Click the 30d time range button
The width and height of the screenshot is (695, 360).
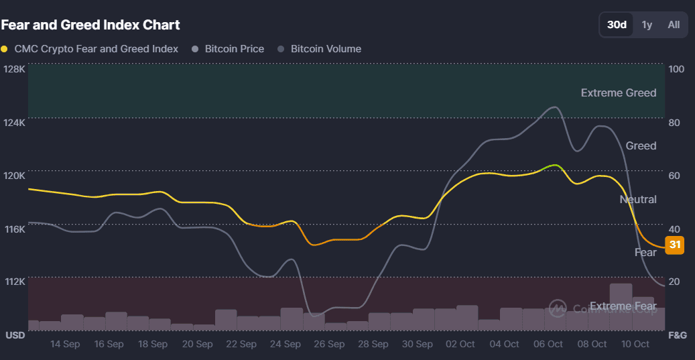[x=617, y=25]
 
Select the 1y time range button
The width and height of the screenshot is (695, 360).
[x=647, y=25]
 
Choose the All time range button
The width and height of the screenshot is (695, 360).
[x=674, y=25]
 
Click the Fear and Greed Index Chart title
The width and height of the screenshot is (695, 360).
[x=90, y=25]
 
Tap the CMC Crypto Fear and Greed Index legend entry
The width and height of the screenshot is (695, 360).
[x=90, y=49]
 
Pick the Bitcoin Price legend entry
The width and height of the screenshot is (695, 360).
[x=228, y=49]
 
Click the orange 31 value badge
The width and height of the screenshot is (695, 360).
[x=674, y=245]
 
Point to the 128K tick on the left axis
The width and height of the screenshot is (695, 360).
[x=14, y=69]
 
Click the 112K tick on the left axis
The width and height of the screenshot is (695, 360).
[x=14, y=282]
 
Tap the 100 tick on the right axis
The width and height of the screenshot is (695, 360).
[x=676, y=69]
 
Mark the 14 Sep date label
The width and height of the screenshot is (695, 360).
[x=65, y=344]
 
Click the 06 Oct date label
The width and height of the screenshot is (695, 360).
[x=548, y=344]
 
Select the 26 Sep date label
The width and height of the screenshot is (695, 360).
[x=329, y=344]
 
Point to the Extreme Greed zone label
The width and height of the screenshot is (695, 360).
[x=619, y=93]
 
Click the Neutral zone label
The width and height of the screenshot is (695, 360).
[x=638, y=199]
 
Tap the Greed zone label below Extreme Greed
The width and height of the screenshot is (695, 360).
[x=641, y=145]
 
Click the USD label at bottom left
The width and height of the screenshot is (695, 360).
[x=15, y=335]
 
